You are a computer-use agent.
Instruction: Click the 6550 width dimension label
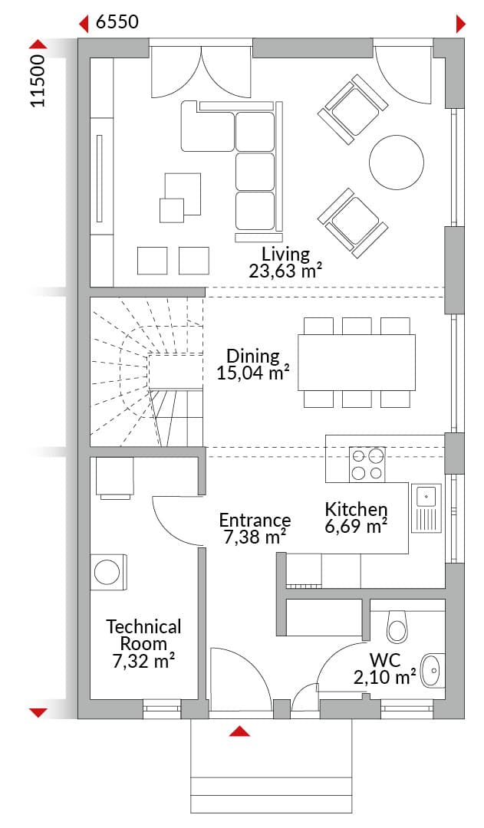coord(117,21)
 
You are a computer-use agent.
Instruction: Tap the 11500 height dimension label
coord(38,80)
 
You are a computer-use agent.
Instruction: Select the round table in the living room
coord(397,162)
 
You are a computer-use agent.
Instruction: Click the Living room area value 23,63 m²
coord(286,271)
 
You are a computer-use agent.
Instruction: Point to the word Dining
coord(253,356)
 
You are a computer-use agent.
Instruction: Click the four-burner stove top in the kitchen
coord(367,464)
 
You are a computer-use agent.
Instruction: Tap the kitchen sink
coord(426,508)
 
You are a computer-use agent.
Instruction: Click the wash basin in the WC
coord(433,671)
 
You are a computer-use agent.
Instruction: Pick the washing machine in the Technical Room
coord(108,571)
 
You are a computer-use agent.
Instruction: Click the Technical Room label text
coord(143,636)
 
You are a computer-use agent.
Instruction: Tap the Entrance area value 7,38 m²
coord(255,537)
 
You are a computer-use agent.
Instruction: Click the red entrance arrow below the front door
coord(240,731)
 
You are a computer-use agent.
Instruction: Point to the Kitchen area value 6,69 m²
coord(357,527)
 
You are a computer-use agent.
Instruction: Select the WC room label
coord(384,660)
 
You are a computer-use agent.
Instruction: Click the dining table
coord(357,362)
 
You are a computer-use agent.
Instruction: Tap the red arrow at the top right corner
coord(460,24)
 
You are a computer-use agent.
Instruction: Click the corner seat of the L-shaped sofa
coord(208,127)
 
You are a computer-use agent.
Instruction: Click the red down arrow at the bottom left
coord(38,713)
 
